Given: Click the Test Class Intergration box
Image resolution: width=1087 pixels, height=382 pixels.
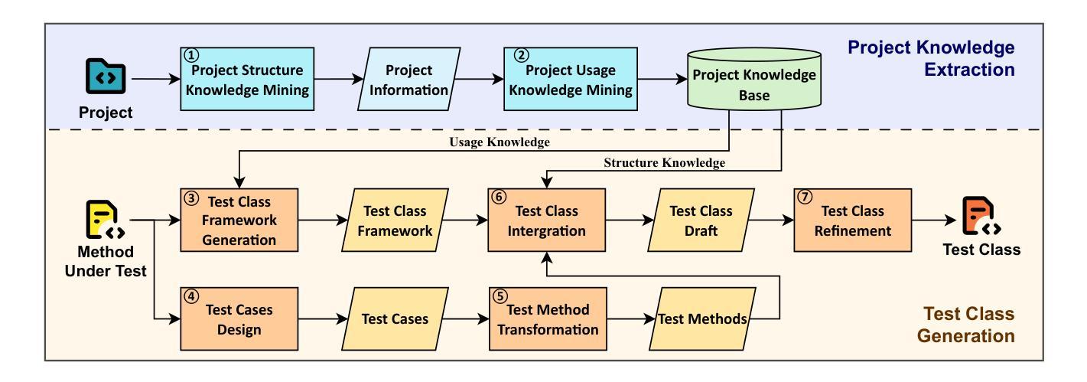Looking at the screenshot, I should [x=546, y=220].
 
